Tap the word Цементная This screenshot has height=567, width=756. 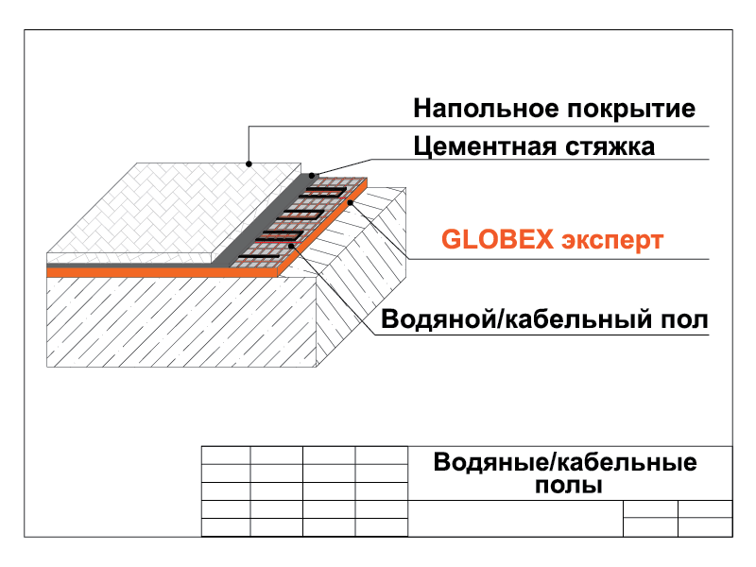click(485, 147)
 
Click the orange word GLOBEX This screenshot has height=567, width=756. click(498, 239)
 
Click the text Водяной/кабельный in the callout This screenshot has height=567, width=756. click(516, 319)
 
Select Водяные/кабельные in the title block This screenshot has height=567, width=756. click(565, 462)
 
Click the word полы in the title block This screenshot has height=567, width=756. click(569, 486)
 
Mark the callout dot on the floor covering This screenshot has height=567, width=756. click(249, 163)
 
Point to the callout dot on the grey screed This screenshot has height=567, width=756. click(312, 176)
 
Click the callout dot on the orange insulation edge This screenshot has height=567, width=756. click(351, 202)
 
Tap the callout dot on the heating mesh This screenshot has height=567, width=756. click(292, 246)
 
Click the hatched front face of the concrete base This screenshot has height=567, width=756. click(181, 322)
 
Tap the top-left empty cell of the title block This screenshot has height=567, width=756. click(226, 455)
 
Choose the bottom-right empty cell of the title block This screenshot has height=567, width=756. click(705, 527)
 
